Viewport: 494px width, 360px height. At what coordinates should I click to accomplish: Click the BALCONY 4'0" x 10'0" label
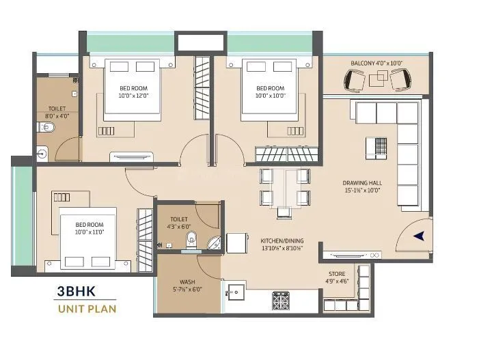[x=376, y=63]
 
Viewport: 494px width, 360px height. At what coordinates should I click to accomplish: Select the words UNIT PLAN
[x=86, y=309]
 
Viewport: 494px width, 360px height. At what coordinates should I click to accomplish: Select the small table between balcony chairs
[x=378, y=80]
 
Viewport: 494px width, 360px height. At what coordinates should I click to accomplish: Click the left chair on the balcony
[x=355, y=81]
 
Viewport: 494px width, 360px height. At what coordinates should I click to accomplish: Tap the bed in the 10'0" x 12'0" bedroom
[x=133, y=89]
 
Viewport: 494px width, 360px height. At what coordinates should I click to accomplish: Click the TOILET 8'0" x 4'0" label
[x=57, y=112]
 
